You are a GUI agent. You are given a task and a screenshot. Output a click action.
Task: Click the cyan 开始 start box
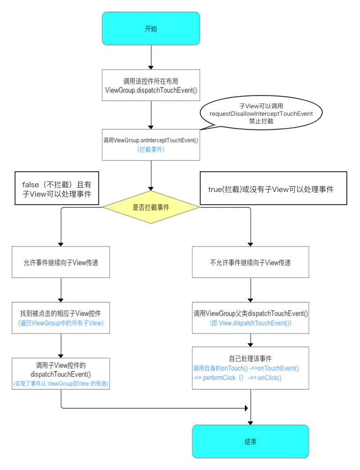tap(151, 29)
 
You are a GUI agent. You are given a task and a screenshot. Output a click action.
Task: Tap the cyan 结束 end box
tap(250, 442)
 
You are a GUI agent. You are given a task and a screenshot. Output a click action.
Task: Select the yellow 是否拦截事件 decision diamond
tap(151, 207)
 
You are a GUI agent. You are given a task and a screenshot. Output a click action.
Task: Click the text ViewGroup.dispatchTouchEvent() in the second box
tap(151, 90)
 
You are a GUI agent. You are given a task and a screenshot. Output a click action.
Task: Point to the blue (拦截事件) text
tap(151, 149)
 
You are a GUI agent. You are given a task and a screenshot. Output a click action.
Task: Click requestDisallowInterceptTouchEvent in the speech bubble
tap(261, 113)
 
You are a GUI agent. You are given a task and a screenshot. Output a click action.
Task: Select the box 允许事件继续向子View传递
tap(61, 262)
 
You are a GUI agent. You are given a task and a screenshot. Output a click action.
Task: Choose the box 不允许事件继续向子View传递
tap(250, 262)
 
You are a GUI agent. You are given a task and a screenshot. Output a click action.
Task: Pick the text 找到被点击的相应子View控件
tap(61, 313)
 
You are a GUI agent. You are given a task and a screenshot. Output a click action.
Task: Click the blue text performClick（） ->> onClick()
tap(237, 378)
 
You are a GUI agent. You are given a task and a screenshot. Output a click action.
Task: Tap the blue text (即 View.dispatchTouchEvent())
tap(250, 323)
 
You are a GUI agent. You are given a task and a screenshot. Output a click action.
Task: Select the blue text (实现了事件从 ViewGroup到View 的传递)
tap(61, 384)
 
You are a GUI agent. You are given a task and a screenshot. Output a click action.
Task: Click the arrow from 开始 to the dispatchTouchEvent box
tap(151, 57)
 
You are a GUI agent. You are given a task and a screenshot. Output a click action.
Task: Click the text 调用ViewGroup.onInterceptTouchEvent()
tap(151, 141)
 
